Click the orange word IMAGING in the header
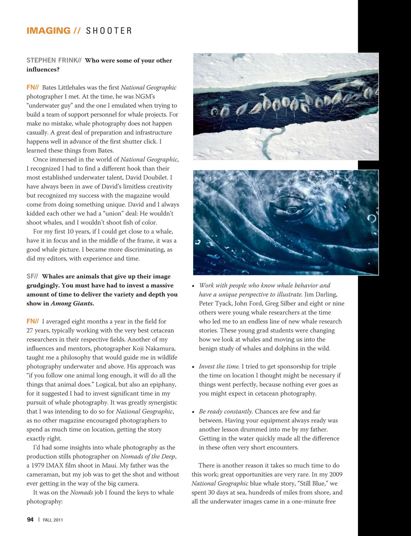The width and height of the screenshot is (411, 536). pyautogui.click(x=48, y=31)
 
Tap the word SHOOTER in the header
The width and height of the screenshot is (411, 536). pyautogui.click(x=109, y=31)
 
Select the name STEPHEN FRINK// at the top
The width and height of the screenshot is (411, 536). pyautogui.click(x=54, y=61)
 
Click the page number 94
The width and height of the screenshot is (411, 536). pyautogui.click(x=30, y=520)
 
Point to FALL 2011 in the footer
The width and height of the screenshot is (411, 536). pyautogui.click(x=53, y=520)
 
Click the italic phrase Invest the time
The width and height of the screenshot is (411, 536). pyautogui.click(x=219, y=366)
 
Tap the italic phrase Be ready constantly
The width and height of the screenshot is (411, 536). pyautogui.click(x=226, y=411)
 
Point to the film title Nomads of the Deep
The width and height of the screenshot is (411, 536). pyautogui.click(x=148, y=457)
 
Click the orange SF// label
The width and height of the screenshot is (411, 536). pyautogui.click(x=32, y=276)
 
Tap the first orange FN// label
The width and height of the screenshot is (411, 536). pyautogui.click(x=33, y=88)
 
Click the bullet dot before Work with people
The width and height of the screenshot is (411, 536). pyautogui.click(x=194, y=286)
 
